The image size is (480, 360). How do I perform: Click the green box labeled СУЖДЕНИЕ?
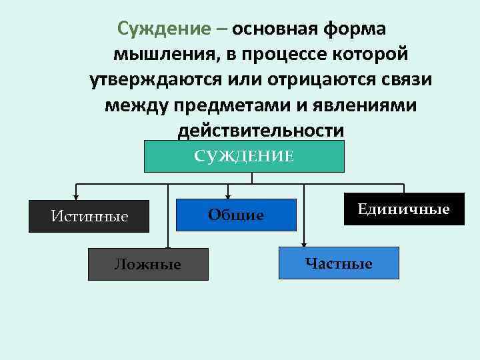point(244,157)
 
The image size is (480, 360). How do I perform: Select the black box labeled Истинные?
point(89,216)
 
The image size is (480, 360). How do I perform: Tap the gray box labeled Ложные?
point(148,264)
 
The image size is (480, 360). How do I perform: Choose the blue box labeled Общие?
point(236,215)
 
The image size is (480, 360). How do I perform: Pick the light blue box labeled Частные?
point(339,263)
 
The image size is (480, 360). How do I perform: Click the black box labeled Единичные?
point(404,209)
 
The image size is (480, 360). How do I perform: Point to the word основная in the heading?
point(276,29)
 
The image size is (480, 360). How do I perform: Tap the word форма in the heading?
point(354,29)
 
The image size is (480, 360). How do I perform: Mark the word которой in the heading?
point(376,55)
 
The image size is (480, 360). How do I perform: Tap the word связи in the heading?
point(405,80)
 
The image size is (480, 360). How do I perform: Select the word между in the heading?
point(137,105)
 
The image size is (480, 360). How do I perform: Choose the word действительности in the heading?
point(261,131)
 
